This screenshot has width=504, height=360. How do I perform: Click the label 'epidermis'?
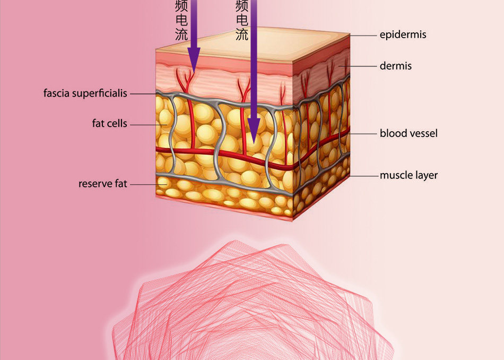(403, 35)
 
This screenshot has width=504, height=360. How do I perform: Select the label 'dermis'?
(395, 66)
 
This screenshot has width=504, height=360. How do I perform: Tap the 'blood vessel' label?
(409, 133)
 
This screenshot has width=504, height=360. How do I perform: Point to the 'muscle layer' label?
(409, 175)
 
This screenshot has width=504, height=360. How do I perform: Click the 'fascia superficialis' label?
(85, 93)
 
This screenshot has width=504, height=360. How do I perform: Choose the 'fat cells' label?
(110, 123)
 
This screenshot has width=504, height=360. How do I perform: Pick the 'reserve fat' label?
(103, 184)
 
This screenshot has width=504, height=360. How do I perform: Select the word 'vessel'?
(423, 133)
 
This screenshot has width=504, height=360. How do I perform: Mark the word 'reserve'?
(94, 184)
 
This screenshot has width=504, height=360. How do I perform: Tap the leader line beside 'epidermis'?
(363, 36)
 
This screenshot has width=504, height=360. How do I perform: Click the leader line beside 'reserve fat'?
(149, 185)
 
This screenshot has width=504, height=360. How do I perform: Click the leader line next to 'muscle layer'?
(363, 176)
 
